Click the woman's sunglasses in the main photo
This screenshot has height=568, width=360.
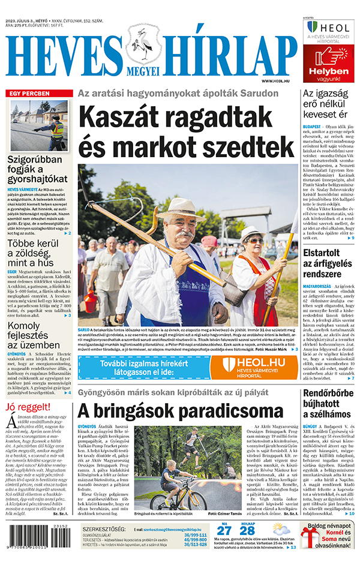point(254,241)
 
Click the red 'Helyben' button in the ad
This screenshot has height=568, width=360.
point(329,71)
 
